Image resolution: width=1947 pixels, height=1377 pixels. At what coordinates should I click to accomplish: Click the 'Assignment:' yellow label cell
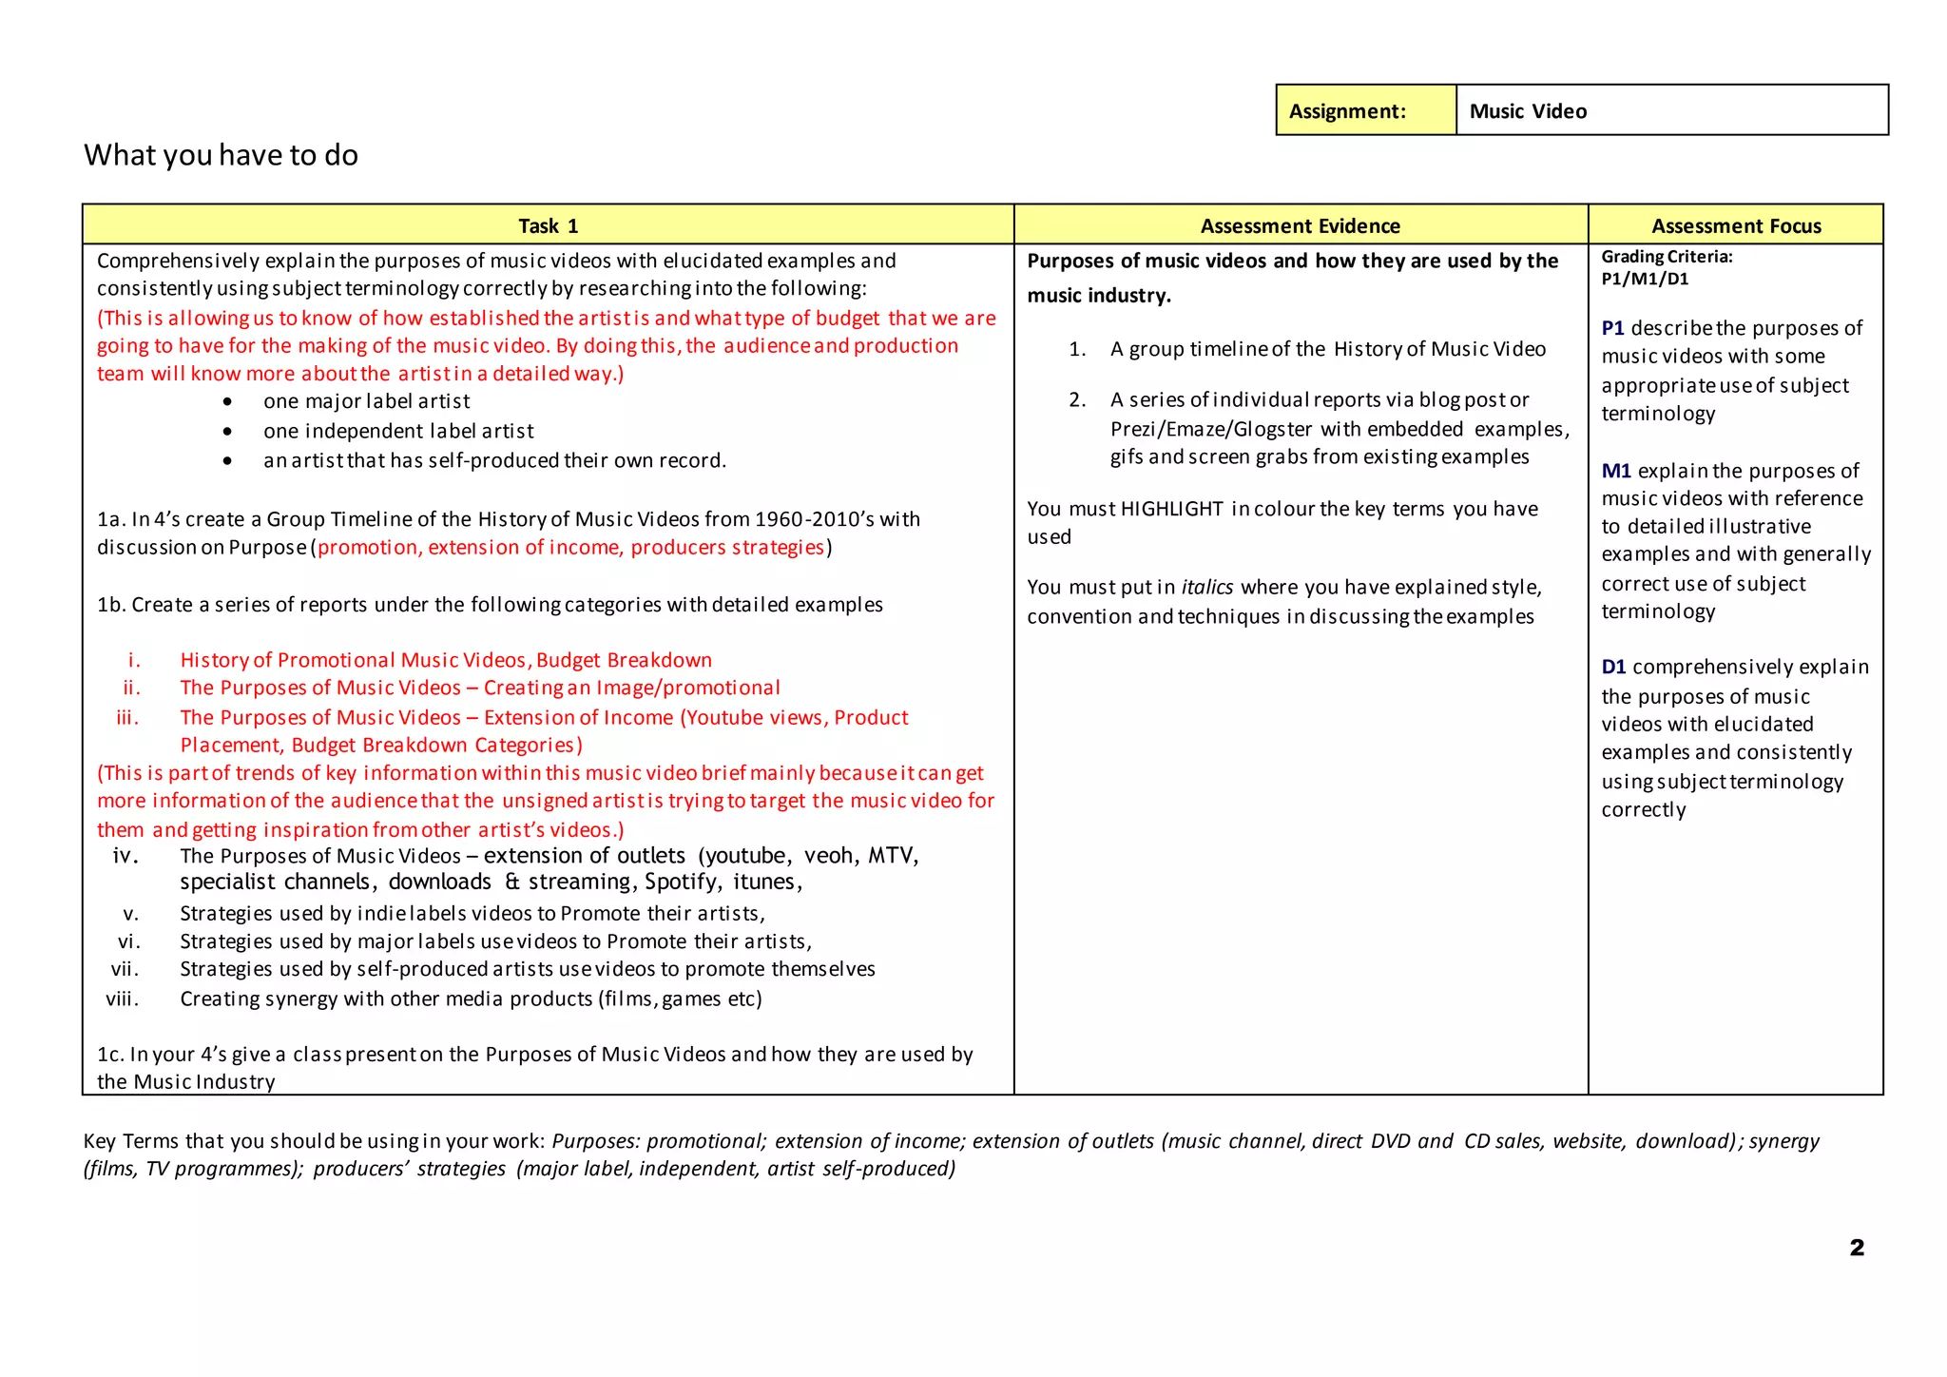[1365, 111]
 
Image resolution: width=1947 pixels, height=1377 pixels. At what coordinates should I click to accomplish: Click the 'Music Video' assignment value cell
[1670, 111]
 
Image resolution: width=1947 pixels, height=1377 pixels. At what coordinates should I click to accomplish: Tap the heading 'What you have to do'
[221, 155]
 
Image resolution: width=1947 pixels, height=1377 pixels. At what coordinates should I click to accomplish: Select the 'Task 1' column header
[548, 226]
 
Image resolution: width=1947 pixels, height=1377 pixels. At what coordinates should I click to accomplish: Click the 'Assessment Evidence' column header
[1300, 226]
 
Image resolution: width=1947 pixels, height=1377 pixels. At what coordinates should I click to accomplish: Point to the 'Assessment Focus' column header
[1735, 226]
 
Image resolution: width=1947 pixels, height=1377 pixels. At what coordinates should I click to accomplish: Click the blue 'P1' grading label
[1612, 328]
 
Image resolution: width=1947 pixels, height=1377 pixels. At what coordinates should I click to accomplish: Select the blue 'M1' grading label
[1615, 471]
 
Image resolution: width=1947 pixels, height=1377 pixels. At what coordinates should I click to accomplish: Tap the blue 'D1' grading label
[1613, 667]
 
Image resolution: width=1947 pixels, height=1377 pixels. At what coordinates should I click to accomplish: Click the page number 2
[1856, 1248]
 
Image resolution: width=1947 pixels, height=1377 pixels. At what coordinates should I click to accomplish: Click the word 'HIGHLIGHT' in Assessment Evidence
[1171, 509]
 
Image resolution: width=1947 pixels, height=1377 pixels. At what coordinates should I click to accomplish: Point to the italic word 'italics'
[1206, 588]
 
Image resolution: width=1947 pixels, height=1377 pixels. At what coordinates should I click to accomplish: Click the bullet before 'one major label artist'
[227, 402]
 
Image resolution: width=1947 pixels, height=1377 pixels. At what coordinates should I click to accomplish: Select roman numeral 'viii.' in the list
[123, 999]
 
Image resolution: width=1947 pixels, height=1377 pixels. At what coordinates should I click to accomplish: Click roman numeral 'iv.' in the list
[125, 856]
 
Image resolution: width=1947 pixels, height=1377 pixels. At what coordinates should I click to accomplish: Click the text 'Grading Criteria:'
[1667, 257]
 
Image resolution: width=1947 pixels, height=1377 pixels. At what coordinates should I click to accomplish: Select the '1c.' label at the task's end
[110, 1055]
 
